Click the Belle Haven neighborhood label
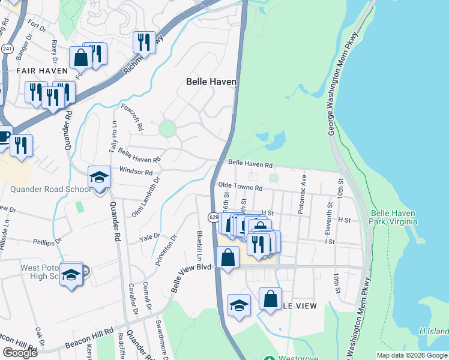(x=211, y=82)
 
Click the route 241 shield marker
(x=7, y=48)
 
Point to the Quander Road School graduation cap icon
(x=99, y=178)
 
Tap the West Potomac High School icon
(x=71, y=274)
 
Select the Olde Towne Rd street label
(x=241, y=187)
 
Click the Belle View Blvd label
(x=192, y=277)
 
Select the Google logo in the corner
(x=20, y=353)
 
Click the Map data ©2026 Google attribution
(x=411, y=355)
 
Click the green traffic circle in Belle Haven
(x=167, y=128)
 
